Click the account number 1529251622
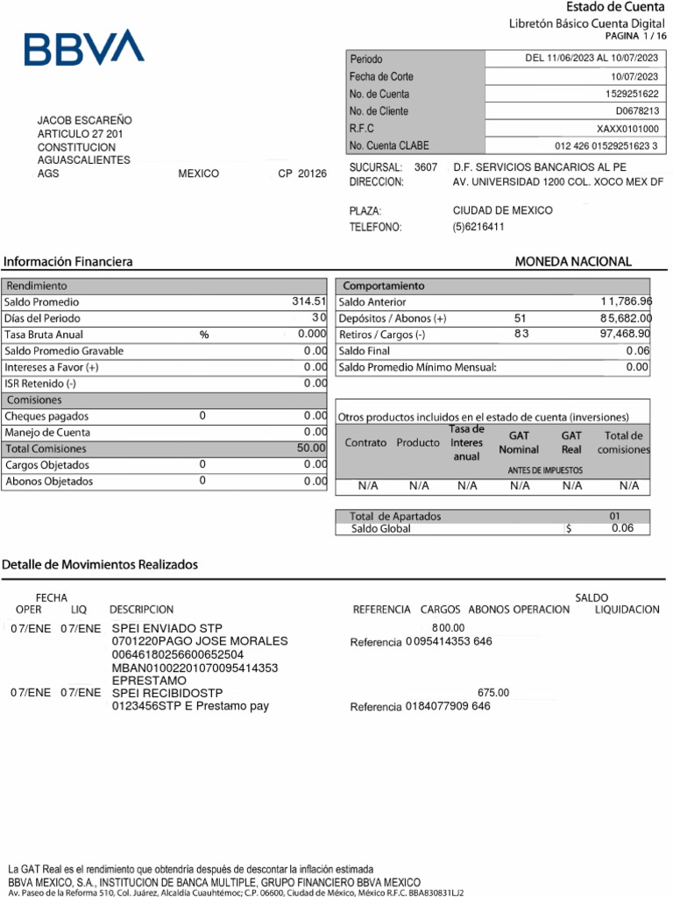[x=632, y=94]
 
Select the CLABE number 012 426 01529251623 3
[x=606, y=145]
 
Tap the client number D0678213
[x=637, y=111]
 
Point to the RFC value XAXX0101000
[x=627, y=129]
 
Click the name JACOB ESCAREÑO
[x=85, y=120]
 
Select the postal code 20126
[x=312, y=173]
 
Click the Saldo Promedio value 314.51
[x=308, y=301]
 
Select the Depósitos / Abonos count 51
[x=521, y=318]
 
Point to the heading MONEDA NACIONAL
[x=572, y=261]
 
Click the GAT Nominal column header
[x=519, y=442]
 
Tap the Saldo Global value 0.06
[x=622, y=528]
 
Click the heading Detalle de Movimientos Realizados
[x=100, y=564]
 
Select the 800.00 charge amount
[x=448, y=628]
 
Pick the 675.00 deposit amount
[x=492, y=692]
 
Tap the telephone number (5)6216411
[x=478, y=227]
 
